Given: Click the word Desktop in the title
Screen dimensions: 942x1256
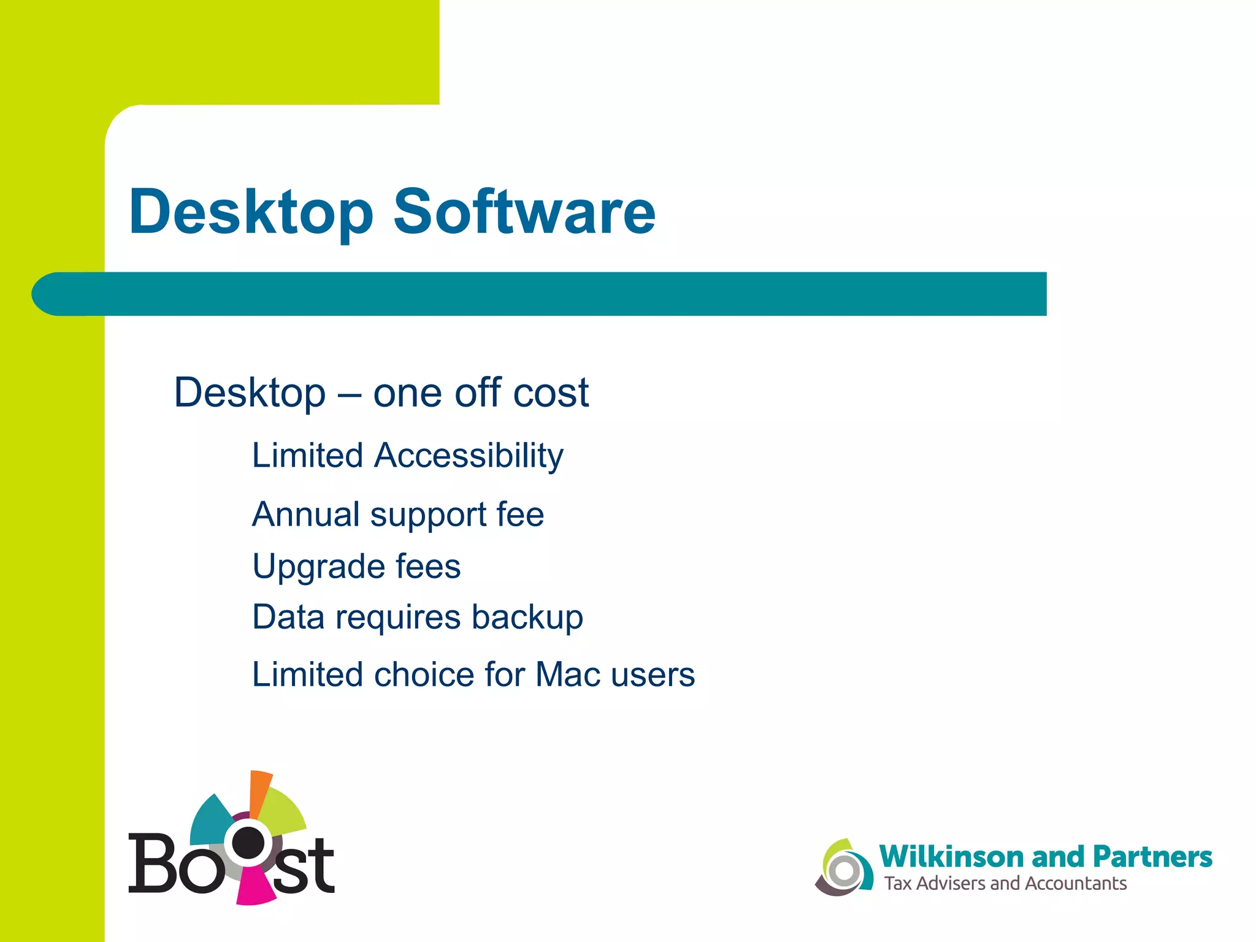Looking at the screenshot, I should pyautogui.click(x=250, y=213).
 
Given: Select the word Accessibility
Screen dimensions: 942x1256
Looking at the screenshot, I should pyautogui.click(x=469, y=456).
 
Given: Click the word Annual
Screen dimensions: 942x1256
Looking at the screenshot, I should pyautogui.click(x=305, y=514).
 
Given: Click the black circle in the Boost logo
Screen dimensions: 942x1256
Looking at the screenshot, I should pyautogui.click(x=248, y=843).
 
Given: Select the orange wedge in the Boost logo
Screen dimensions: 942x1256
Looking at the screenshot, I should pyautogui.click(x=260, y=791).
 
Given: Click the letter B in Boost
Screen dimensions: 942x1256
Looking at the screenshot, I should pyautogui.click(x=151, y=863).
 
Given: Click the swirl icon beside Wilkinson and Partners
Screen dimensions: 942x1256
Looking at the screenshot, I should pyautogui.click(x=844, y=868).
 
